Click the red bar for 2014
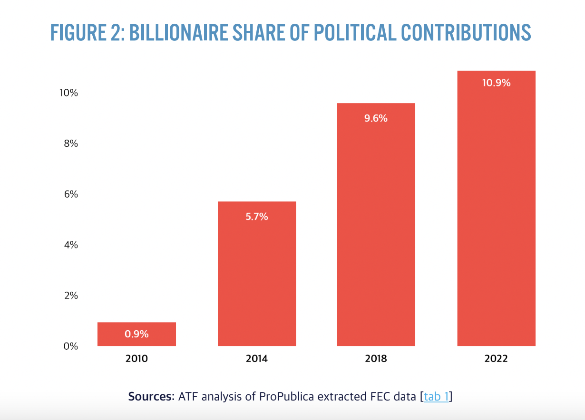257,280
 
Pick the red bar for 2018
376,228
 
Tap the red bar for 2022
496,214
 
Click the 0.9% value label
136,334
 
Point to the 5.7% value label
257,217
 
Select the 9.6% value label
376,118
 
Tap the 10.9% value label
496,83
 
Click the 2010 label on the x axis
136,359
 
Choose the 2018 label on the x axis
376,359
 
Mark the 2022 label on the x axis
496,359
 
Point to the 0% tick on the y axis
71,346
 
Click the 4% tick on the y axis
71,245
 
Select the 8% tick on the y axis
71,143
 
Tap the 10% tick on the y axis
68,93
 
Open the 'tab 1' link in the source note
436,396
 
